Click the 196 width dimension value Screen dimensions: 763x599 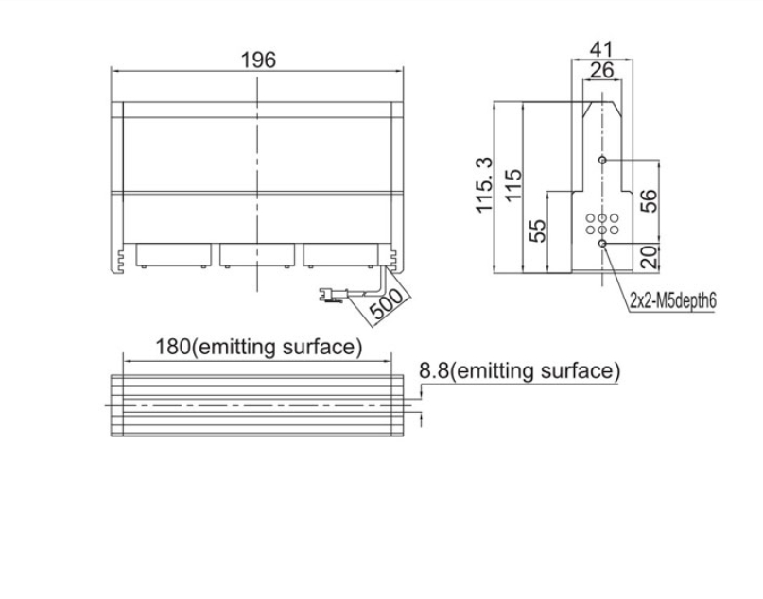258,60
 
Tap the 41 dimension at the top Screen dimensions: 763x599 601,49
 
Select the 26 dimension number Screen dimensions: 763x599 602,71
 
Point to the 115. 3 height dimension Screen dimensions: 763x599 484,185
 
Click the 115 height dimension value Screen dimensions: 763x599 512,185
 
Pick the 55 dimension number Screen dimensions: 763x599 537,231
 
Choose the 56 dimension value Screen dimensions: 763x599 649,201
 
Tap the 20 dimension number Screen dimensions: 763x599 649,257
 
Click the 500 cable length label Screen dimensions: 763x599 387,303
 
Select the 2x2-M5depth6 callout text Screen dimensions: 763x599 673,301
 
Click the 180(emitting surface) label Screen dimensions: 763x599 258,347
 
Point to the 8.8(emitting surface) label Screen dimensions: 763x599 520,371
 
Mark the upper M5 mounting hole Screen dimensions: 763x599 602,160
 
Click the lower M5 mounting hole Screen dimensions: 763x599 602,243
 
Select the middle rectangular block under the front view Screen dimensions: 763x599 257,255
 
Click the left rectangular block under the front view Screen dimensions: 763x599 174,255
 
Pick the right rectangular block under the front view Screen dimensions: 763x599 340,255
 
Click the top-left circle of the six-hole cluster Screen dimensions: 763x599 590,218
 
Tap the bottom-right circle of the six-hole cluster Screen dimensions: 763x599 615,230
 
